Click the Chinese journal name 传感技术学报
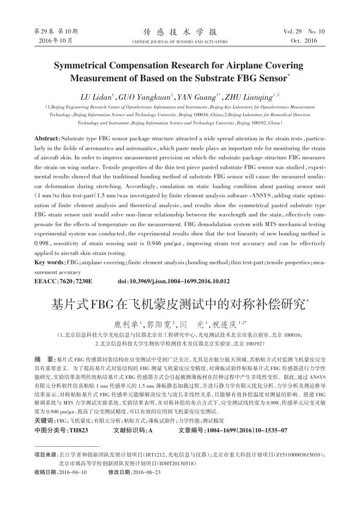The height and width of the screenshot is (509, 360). (180, 31)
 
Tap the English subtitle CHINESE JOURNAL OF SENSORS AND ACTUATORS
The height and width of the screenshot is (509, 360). (180, 41)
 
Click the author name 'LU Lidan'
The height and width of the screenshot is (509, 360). (98, 96)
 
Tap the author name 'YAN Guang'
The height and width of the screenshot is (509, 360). (201, 96)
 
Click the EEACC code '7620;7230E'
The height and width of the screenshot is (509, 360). (75, 281)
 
